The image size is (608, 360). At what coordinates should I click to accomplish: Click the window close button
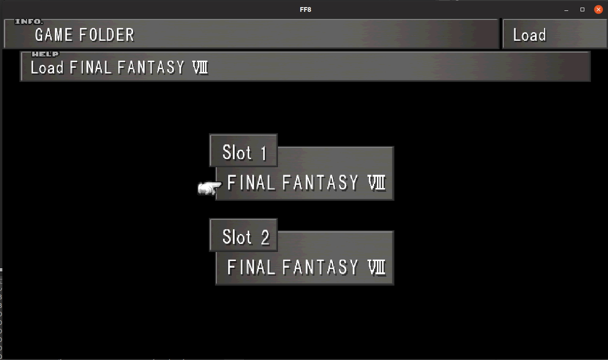599,9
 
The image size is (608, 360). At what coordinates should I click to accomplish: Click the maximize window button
582,9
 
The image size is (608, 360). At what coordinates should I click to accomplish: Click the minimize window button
566,10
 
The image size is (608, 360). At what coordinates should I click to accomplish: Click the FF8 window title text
305,9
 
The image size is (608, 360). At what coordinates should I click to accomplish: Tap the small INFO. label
29,22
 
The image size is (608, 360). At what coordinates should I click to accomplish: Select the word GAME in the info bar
54,35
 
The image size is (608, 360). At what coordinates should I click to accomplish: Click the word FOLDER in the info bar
107,35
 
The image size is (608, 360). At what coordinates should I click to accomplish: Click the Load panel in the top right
529,35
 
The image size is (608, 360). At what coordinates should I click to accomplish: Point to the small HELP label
45,54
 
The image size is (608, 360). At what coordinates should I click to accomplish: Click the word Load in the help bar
47,68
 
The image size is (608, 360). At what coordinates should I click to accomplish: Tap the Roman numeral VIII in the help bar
200,68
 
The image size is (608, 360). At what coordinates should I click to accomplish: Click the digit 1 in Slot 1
263,153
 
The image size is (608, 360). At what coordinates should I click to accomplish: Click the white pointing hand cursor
209,189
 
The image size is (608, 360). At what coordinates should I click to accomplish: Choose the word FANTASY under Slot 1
320,183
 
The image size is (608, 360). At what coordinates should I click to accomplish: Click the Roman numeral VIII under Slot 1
376,183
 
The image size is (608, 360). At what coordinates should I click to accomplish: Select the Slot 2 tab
243,236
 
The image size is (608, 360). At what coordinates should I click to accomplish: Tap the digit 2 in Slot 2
264,237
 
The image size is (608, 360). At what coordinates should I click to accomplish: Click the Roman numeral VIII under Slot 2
376,268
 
